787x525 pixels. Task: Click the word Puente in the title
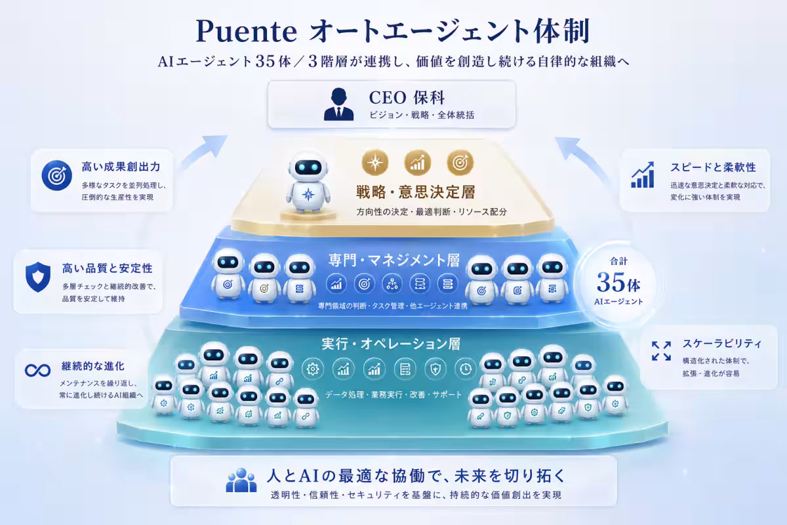tap(247, 31)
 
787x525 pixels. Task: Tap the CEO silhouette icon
tap(338, 104)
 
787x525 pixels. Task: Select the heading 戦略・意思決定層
tap(416, 192)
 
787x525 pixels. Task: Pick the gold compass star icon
tap(375, 163)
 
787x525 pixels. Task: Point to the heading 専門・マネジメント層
tap(394, 261)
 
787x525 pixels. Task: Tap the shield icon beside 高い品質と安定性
tap(38, 277)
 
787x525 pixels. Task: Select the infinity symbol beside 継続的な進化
tap(37, 370)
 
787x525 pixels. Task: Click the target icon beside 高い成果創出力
tap(56, 175)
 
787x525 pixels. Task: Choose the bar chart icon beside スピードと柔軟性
tap(643, 175)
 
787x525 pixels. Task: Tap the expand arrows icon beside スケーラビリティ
tap(661, 350)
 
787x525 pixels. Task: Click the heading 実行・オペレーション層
tap(391, 344)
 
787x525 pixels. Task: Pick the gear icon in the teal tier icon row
tap(312, 369)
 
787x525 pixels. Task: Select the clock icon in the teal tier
tap(466, 369)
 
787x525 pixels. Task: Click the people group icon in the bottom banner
tap(241, 480)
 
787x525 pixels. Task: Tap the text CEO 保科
tap(407, 97)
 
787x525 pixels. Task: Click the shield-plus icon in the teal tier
tap(435, 369)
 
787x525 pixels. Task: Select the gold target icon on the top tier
tap(460, 163)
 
